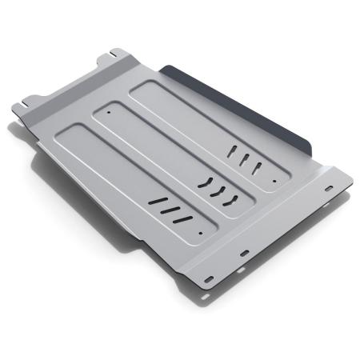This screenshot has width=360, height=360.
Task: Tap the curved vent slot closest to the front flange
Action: coord(233,197)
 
